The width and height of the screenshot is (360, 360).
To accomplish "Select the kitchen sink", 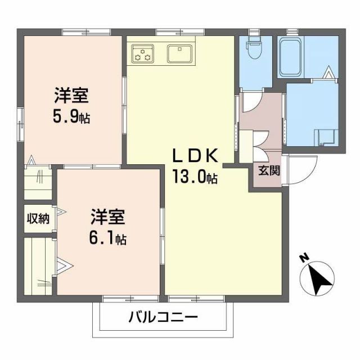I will tap(180, 53).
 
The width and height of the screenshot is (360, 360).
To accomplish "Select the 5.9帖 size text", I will tap(70, 119).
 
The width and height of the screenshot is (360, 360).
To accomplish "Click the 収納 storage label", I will tap(38, 218).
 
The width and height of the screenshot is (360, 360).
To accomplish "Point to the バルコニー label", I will tap(163, 318).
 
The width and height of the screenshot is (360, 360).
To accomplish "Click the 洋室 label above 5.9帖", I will tap(71, 96).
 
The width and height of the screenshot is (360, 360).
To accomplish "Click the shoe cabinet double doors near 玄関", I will tap(260, 141).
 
